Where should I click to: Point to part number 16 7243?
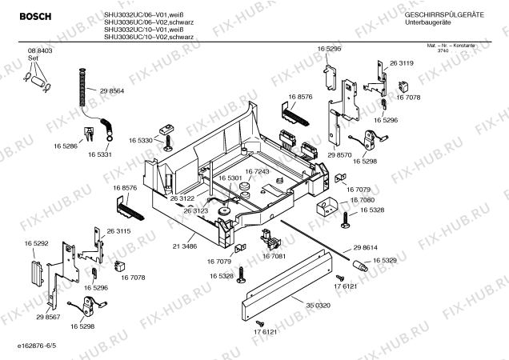click(x=257, y=171)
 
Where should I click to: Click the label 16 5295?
click(x=329, y=50)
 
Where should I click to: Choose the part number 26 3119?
click(x=401, y=62)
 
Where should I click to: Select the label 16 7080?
click(x=362, y=199)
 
